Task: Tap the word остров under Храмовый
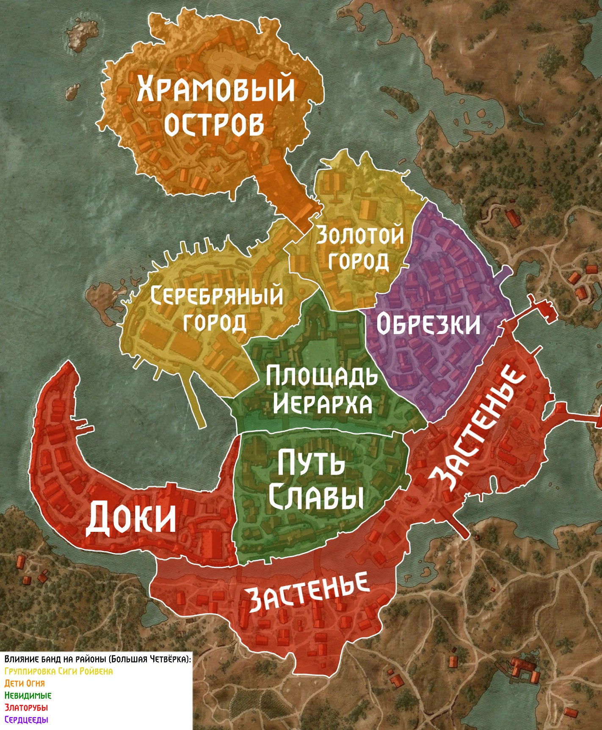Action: pos(214,124)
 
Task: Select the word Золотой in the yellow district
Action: pos(360,235)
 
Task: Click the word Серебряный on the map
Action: pos(217,295)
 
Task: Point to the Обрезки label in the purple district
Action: pos(428,325)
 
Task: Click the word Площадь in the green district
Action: pos(322,376)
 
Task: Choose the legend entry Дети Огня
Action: pos(25,683)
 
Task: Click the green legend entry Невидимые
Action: pos(28,695)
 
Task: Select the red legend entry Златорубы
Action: pos(26,708)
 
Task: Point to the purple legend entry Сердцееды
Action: pos(26,720)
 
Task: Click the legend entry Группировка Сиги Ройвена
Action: pos(58,671)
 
